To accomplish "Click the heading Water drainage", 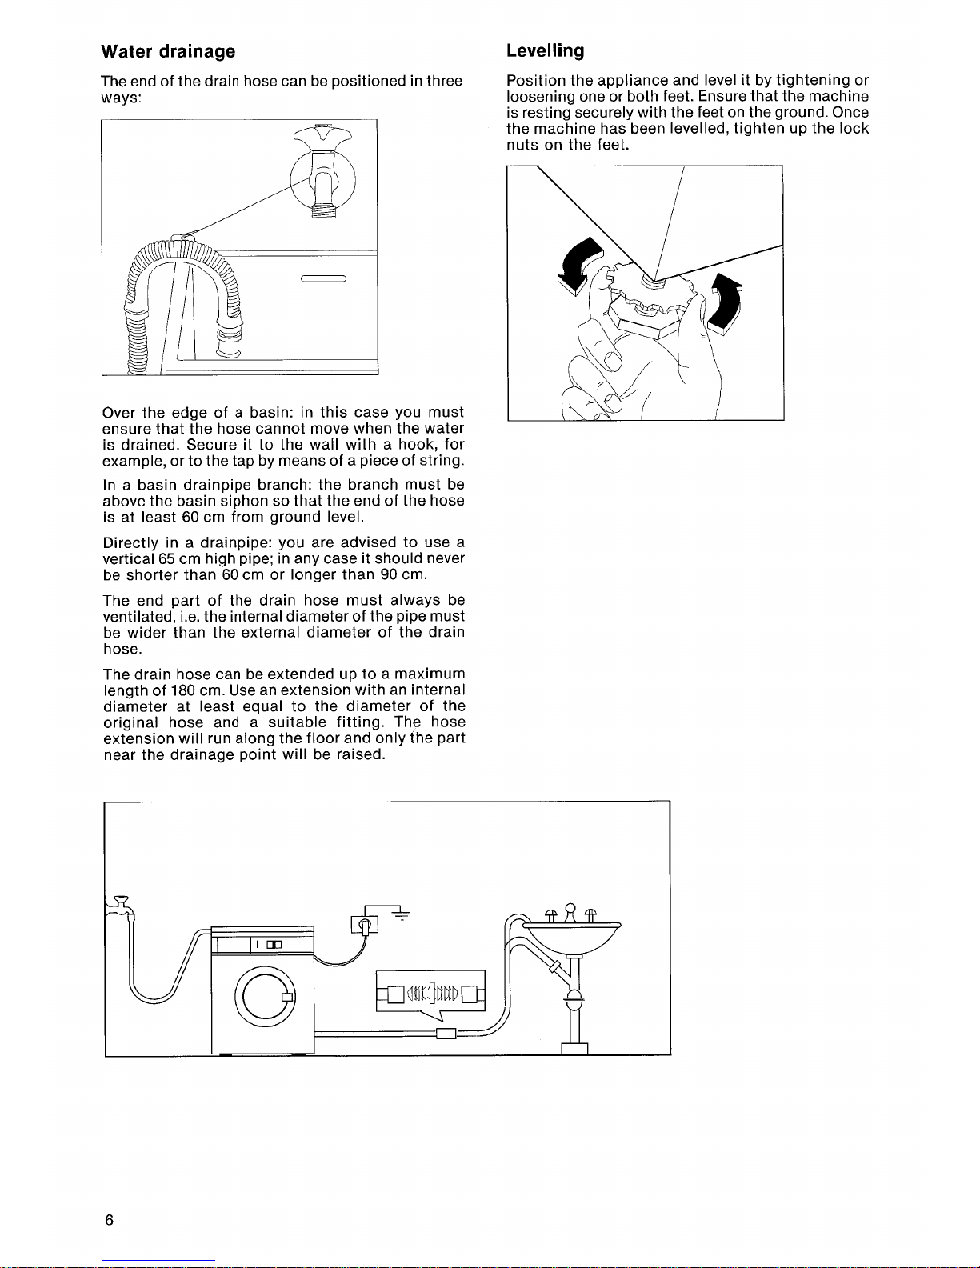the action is pyautogui.click(x=168, y=52).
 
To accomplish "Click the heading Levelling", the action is pyautogui.click(x=545, y=50).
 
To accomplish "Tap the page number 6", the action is pyautogui.click(x=109, y=1219).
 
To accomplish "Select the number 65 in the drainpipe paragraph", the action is pyautogui.click(x=166, y=558).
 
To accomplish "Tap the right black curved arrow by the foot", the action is pyautogui.click(x=725, y=303).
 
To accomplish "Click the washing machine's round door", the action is pyautogui.click(x=265, y=998).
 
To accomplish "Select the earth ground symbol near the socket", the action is pyautogui.click(x=402, y=914).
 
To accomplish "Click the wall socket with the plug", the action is pyautogui.click(x=365, y=925).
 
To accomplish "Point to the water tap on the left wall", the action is pyautogui.click(x=120, y=906).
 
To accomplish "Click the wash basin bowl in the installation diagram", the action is pyautogui.click(x=572, y=938).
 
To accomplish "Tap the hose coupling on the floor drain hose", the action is pyautogui.click(x=446, y=1034).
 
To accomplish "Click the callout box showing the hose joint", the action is pyautogui.click(x=430, y=991).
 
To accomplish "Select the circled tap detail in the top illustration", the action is pyautogui.click(x=322, y=179).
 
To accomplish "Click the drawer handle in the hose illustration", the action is pyautogui.click(x=324, y=278).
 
